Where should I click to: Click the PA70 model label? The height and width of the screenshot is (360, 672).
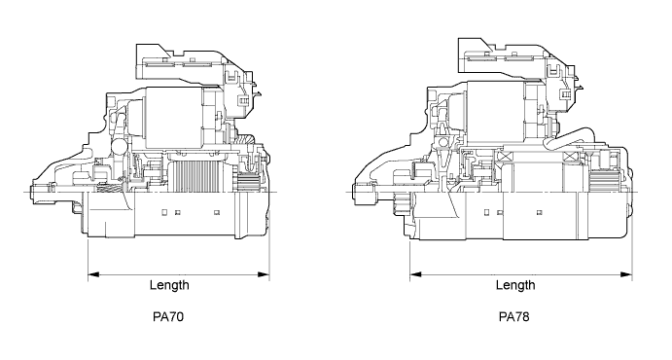coord(168,317)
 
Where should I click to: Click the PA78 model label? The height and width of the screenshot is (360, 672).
coord(513,317)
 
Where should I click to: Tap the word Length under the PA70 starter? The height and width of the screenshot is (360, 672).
coord(169,285)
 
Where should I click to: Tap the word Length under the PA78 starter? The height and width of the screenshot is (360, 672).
coord(515,285)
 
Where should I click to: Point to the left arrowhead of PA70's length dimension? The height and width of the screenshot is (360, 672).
coord(93,274)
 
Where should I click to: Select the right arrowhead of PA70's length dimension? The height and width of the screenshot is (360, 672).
coord(264,274)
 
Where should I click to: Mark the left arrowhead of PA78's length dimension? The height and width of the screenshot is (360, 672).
coord(415,274)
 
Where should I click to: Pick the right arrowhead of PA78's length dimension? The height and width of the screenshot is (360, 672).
coord(626,274)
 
